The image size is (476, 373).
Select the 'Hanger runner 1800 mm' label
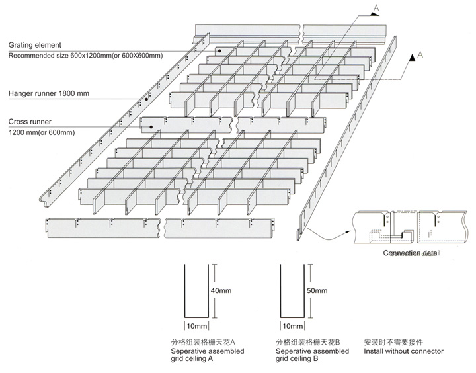pos(49,93)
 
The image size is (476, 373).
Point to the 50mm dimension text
pos(318,290)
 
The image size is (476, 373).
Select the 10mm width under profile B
pos(292,327)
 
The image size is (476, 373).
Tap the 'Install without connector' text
pos(403,351)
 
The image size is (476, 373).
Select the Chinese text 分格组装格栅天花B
pos(308,342)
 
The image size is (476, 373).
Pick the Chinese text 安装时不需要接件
pos(392,342)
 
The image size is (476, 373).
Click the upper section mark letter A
pos(376,8)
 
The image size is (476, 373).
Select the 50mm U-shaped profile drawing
pos(292,291)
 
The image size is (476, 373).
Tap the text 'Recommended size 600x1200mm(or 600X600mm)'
pos(85,56)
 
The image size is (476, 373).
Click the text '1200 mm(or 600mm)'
pos(42,133)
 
